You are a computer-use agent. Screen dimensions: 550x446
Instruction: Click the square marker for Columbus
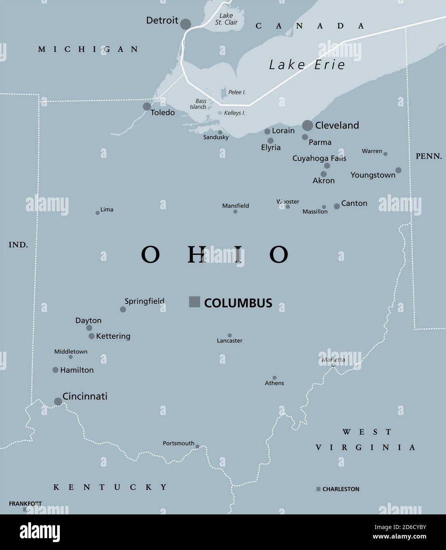194,302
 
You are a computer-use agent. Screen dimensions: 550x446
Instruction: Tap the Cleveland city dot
307,125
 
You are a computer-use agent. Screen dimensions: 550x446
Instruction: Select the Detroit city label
162,20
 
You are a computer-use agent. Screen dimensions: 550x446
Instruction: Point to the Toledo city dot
147,106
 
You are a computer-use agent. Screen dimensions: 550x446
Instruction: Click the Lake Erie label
307,65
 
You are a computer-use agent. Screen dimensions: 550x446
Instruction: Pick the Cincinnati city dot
58,402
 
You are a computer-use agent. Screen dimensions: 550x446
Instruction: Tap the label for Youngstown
373,175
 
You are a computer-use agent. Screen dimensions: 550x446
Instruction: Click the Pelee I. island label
237,92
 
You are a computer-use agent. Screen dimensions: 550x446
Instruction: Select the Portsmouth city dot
197,446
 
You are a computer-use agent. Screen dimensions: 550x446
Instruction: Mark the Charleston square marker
318,489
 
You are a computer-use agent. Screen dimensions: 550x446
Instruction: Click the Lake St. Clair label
226,19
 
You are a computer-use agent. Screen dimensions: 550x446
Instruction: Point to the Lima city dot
97,213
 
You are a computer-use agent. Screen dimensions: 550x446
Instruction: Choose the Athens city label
274,383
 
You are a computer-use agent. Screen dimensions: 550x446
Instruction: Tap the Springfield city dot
123,309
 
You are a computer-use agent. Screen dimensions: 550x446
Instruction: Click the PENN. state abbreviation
429,156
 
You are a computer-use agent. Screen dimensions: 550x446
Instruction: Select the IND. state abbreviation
18,245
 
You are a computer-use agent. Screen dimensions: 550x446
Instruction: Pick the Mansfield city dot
235,212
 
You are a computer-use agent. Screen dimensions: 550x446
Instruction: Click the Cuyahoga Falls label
319,158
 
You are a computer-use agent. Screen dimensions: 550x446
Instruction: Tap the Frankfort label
25,504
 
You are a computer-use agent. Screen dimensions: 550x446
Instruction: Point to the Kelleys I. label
234,113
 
